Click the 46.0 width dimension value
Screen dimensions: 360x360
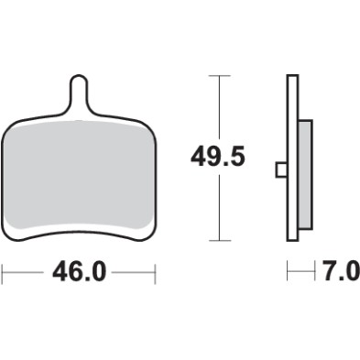click(x=78, y=273)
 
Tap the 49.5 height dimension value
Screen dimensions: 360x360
click(x=218, y=157)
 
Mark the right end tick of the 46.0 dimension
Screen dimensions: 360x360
click(x=155, y=273)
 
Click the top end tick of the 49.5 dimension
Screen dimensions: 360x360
click(x=218, y=75)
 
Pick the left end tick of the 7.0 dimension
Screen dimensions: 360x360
click(x=287, y=273)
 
